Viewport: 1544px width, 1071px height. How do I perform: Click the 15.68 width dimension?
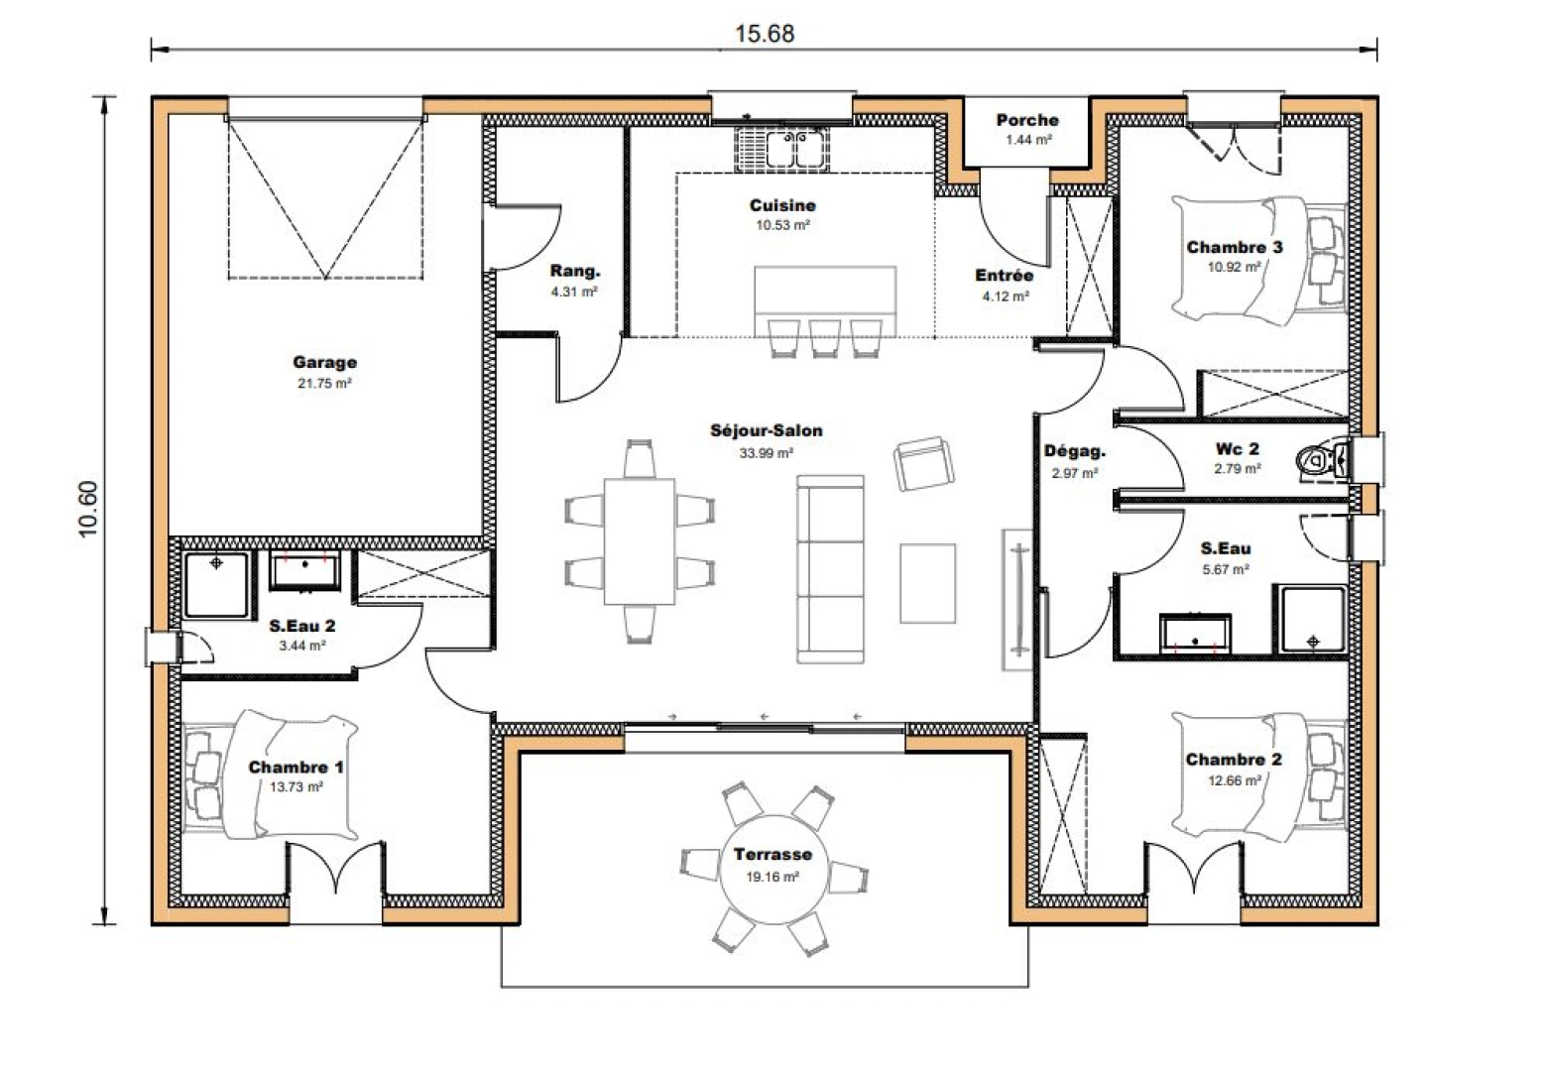click(764, 33)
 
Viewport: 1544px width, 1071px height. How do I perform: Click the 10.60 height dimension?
click(88, 510)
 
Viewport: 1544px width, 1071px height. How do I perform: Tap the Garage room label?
click(324, 363)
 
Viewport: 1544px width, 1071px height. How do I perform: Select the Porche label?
click(1027, 120)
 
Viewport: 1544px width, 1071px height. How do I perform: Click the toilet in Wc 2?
click(1320, 460)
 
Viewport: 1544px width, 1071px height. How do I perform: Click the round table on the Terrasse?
click(772, 872)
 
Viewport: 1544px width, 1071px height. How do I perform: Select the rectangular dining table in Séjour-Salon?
click(640, 540)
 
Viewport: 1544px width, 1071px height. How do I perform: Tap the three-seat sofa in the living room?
click(830, 569)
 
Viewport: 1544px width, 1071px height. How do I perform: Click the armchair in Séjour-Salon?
click(923, 463)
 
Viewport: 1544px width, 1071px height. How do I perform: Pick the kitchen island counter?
click(825, 293)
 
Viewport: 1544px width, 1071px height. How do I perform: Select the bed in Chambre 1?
click(293, 773)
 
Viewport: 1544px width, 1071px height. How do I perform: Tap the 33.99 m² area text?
click(766, 453)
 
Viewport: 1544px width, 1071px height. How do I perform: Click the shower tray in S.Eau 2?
click(216, 584)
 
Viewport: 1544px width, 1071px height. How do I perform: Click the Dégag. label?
click(1074, 452)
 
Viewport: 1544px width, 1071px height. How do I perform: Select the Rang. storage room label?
click(575, 272)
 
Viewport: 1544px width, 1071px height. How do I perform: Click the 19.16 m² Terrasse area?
click(772, 877)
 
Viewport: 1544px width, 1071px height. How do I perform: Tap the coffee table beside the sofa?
click(927, 583)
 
